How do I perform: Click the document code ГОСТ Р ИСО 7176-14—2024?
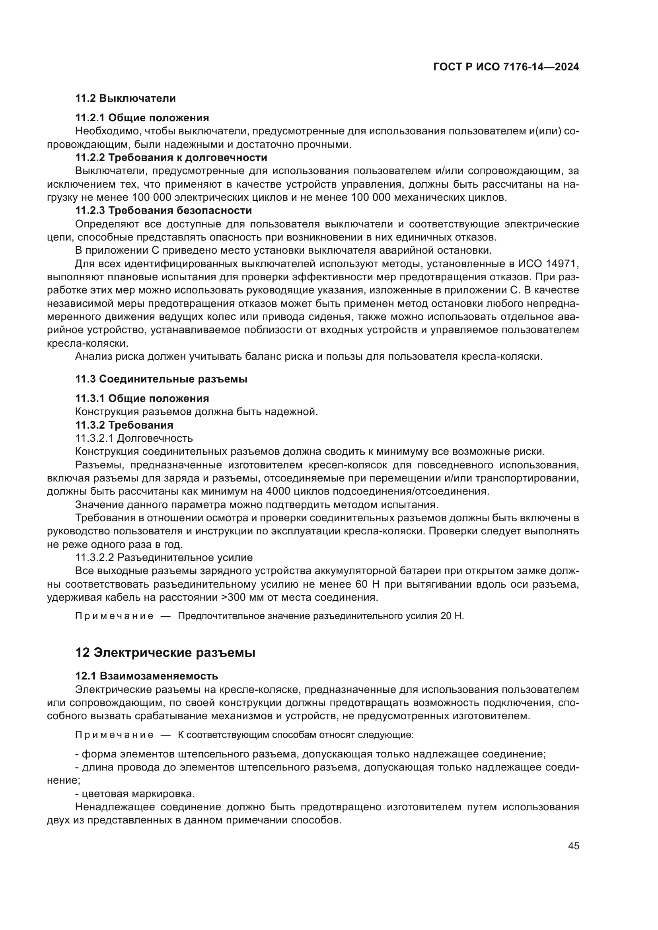506,67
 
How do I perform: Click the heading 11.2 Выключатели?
125,99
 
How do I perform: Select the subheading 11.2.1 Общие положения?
142,118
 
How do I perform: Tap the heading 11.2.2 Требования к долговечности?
171,157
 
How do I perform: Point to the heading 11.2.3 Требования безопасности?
163,211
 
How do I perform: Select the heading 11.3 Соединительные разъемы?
161,379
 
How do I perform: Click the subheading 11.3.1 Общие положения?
142,398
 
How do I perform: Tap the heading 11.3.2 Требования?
124,425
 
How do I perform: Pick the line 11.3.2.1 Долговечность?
134,438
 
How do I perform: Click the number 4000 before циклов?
279,491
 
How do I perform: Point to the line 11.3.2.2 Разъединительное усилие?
164,558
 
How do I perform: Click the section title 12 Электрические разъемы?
165,653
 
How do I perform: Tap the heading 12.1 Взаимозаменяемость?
147,676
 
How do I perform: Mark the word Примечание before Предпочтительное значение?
114,616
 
